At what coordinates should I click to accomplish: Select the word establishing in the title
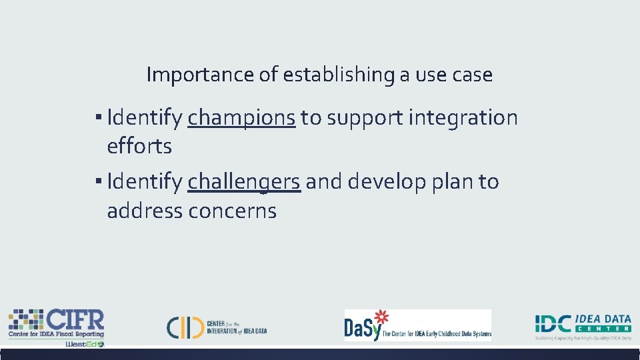pyautogui.click(x=339, y=75)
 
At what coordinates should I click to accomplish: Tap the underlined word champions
pyautogui.click(x=241, y=118)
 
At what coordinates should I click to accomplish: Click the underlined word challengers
pyautogui.click(x=244, y=181)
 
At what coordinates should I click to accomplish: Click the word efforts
pyautogui.click(x=139, y=147)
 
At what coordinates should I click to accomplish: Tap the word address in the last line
pyautogui.click(x=145, y=211)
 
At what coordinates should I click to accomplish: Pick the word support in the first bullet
pyautogui.click(x=364, y=118)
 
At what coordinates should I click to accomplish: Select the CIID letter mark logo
pyautogui.click(x=185, y=326)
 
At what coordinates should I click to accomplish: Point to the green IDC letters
pyautogui.click(x=553, y=324)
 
